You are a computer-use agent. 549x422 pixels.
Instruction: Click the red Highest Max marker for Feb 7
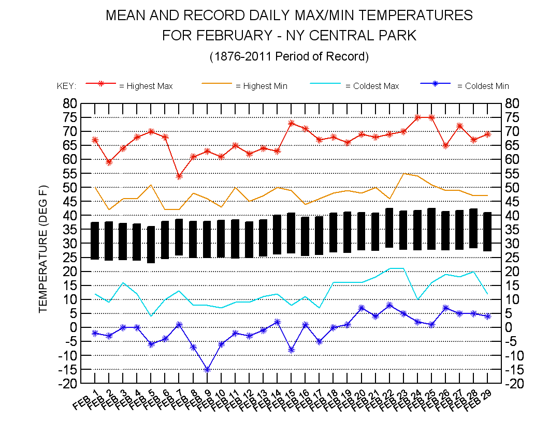coord(179,176)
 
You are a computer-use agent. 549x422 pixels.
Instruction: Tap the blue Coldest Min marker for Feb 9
coord(207,369)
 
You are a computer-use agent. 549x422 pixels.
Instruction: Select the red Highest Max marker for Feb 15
coord(292,123)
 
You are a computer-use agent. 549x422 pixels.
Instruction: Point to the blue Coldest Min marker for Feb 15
coord(292,350)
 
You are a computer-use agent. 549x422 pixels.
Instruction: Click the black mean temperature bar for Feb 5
coord(151,245)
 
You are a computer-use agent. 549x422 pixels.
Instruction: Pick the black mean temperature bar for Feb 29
coord(487,232)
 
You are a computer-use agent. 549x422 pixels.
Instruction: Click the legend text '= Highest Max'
coord(146,86)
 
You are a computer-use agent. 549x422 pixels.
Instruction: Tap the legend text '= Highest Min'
coord(262,86)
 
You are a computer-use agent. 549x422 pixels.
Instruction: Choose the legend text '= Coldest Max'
coord(372,86)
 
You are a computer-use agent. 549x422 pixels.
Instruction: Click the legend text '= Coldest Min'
coord(483,86)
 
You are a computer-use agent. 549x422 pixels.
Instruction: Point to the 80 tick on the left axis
coord(71,103)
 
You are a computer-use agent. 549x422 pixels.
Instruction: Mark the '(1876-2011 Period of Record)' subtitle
coord(289,56)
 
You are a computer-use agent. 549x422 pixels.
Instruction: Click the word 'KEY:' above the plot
coord(66,86)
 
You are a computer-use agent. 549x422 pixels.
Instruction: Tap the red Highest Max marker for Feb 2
coord(109,162)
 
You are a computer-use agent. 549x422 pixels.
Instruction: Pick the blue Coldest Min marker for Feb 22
coord(389,305)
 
